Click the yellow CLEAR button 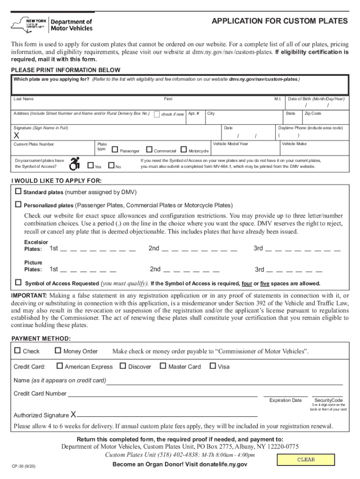point(306,460)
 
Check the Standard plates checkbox point(19,191)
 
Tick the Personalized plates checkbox point(19,204)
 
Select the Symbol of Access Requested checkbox point(19,283)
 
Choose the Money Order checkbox point(58,351)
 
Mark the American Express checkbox point(60,366)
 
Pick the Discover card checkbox point(123,366)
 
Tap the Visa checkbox point(213,366)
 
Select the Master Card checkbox point(163,366)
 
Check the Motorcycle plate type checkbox point(183,150)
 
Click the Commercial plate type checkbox point(149,150)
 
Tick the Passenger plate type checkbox point(115,150)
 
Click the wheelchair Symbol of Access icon point(74,163)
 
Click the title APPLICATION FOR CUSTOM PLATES point(280,22)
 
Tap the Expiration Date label point(285,400)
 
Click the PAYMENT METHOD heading point(41,338)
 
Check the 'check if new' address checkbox point(157,114)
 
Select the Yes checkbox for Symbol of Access point(90,165)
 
